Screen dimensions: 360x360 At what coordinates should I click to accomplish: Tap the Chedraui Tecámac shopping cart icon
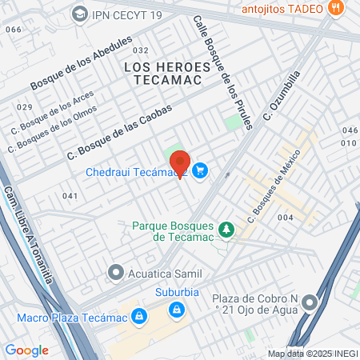pyautogui.click(x=200, y=170)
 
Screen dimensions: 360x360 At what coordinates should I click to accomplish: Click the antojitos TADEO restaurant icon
pyautogui.click(x=336, y=8)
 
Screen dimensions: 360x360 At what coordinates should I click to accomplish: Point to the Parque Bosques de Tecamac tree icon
pyautogui.click(x=227, y=230)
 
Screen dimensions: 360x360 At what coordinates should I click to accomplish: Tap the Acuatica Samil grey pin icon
pyautogui.click(x=118, y=274)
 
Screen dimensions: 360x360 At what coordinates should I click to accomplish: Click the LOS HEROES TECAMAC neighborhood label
pyautogui.click(x=168, y=75)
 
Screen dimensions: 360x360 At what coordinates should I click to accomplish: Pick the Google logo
pyautogui.click(x=26, y=350)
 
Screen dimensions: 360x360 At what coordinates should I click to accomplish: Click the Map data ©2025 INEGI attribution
pyautogui.click(x=312, y=354)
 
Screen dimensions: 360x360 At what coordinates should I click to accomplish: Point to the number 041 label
pyautogui.click(x=70, y=196)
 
